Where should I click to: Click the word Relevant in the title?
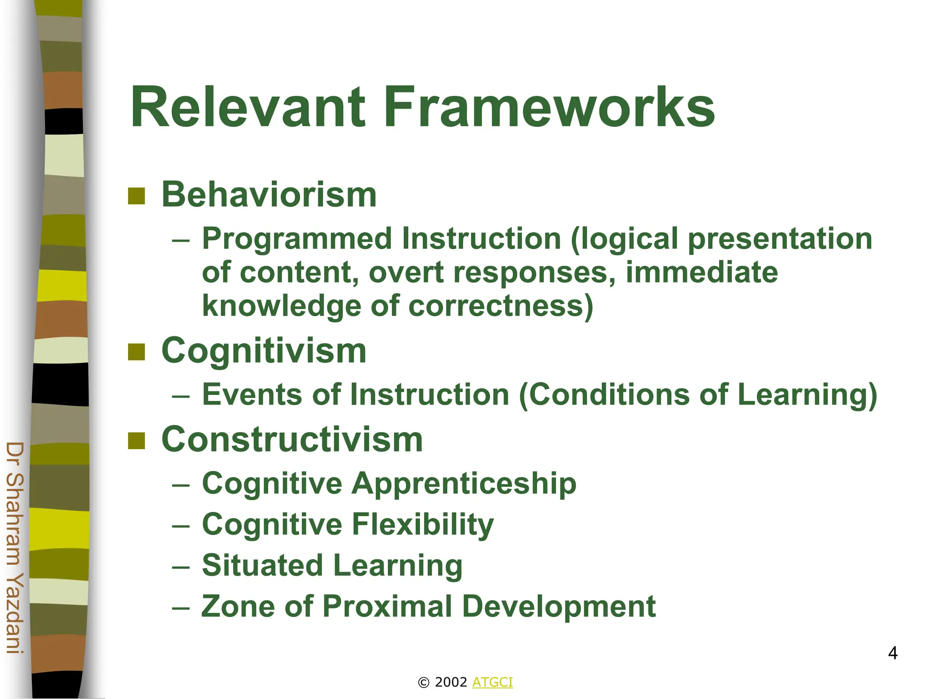248,108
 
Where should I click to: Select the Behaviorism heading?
269,195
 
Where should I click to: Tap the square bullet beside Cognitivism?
136,352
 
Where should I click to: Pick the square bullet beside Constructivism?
136,441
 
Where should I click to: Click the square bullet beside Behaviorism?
136,196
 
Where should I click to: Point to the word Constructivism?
292,440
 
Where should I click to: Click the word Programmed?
297,239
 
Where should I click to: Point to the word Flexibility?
423,525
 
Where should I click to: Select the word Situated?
262,565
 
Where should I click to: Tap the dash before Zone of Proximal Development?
181,608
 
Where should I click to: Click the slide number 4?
892,653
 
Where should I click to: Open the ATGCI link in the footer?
492,682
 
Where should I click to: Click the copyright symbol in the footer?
423,683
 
